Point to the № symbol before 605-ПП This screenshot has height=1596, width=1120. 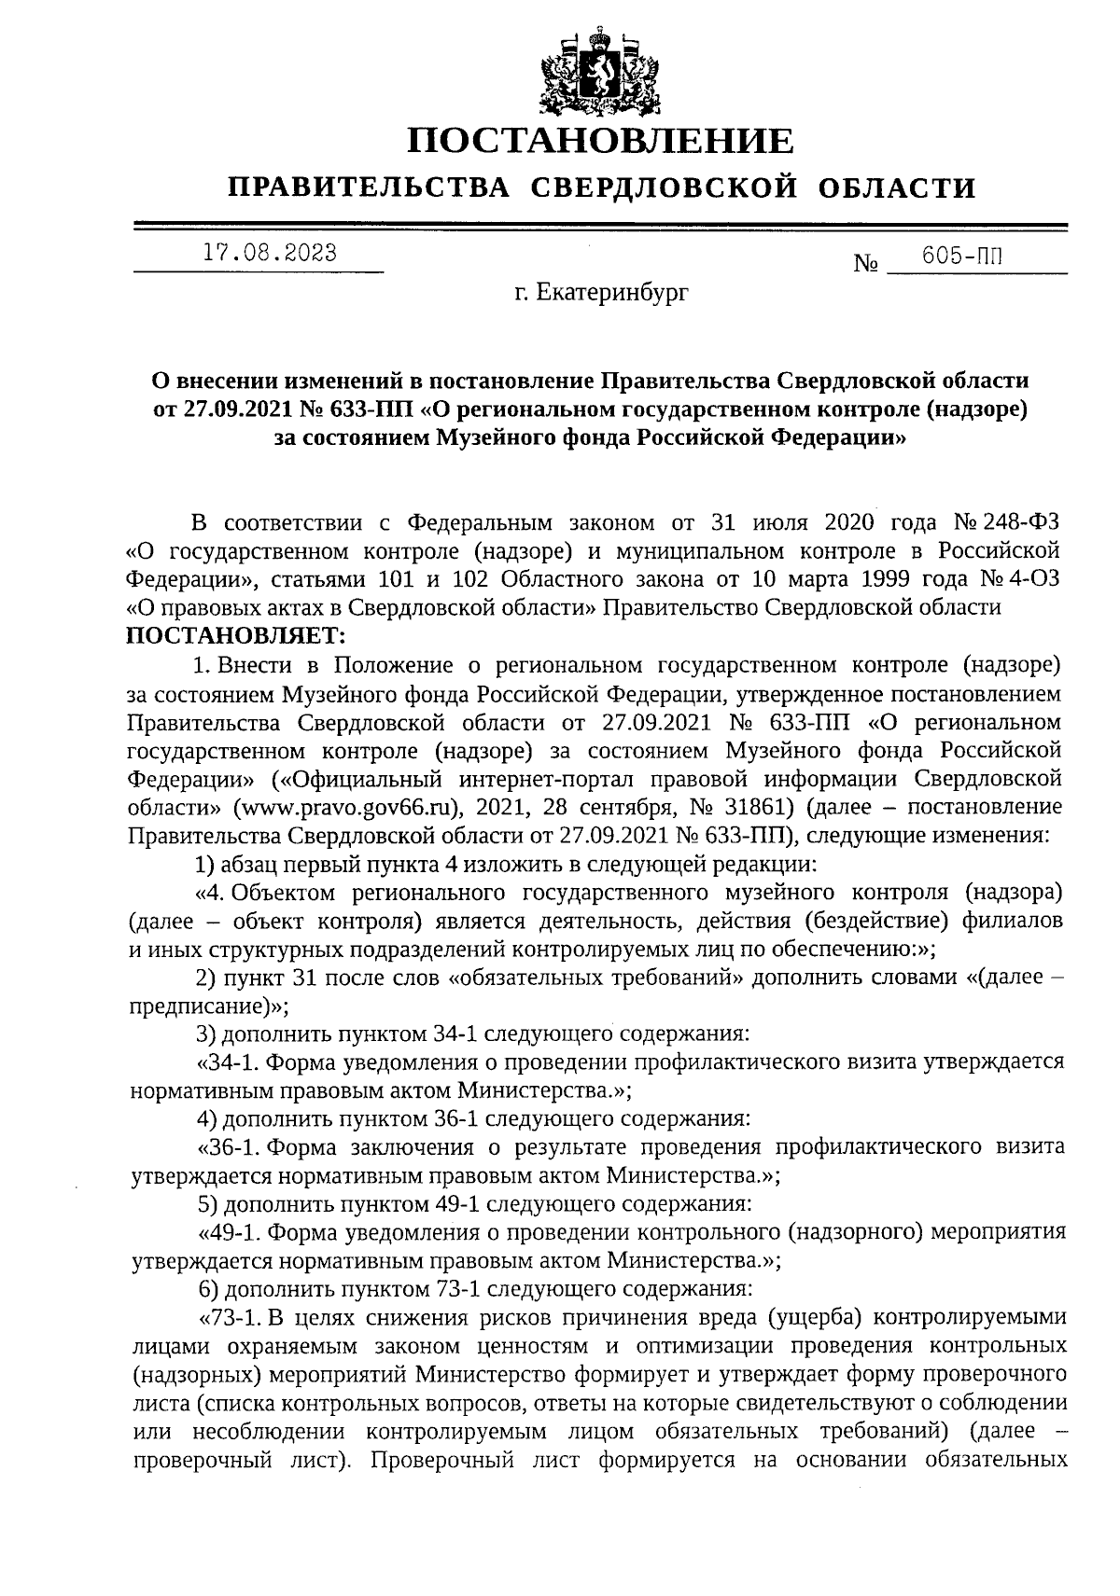point(866,265)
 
